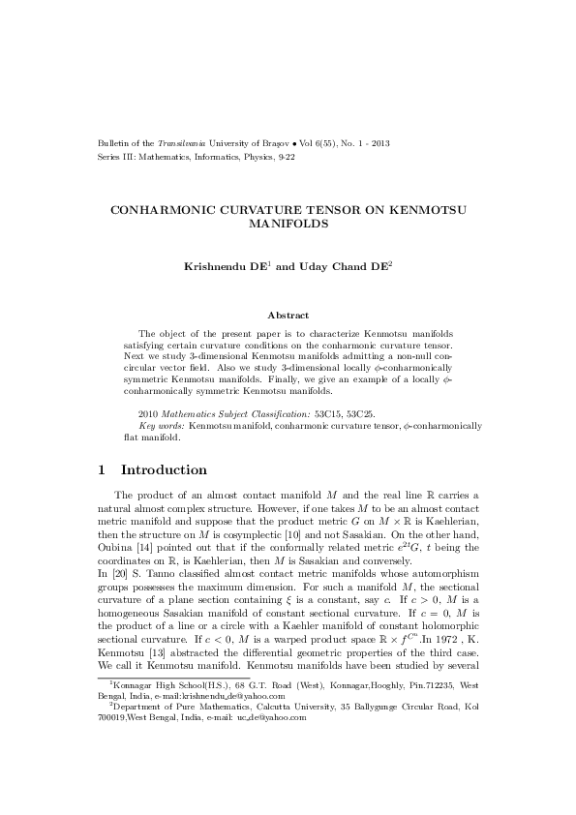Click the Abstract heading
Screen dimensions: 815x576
(x=288, y=316)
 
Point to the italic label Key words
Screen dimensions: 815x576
(x=163, y=425)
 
